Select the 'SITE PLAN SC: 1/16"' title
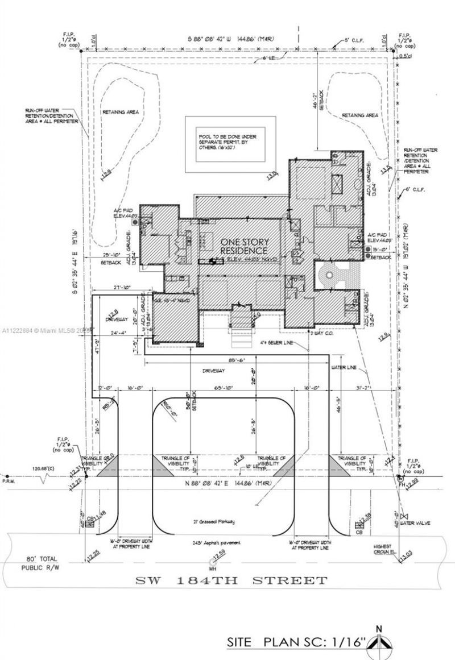click(x=296, y=642)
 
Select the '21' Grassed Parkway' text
click(x=213, y=521)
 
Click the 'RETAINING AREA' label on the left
click(x=120, y=112)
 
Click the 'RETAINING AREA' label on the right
click(x=359, y=115)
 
